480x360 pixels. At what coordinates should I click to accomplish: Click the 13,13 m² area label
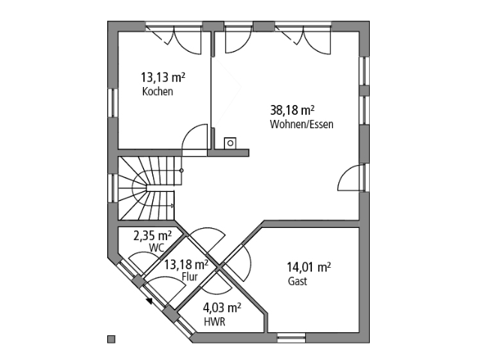163,77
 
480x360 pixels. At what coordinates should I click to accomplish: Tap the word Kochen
157,92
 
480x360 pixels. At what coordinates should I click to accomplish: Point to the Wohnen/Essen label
301,124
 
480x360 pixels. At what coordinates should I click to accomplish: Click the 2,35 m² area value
153,235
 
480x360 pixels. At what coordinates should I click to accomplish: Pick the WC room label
156,247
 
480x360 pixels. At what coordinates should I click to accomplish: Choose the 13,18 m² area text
186,264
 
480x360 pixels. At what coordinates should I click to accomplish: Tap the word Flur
189,277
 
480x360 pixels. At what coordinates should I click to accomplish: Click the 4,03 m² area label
221,307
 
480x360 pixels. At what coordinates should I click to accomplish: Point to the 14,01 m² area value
309,266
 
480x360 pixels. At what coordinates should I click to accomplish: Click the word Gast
297,282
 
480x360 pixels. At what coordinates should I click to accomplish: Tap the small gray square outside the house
111,338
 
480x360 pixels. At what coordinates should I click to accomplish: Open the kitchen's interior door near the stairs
196,136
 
